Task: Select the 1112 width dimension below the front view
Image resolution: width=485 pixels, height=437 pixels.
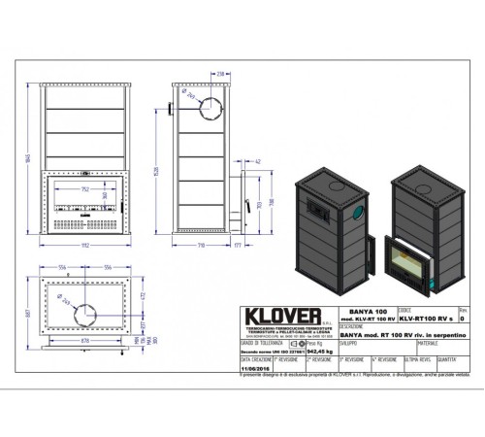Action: coord(85,247)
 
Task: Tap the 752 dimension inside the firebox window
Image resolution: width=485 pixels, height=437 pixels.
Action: coord(85,189)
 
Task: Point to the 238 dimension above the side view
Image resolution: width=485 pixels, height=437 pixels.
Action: coord(220,73)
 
